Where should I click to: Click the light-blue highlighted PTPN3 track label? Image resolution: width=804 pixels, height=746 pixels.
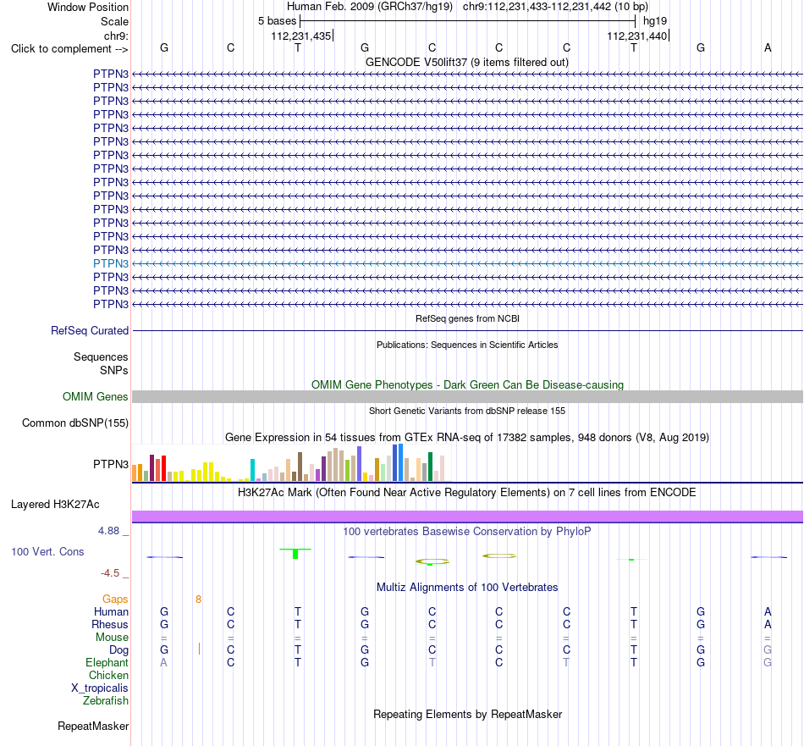pyautogui.click(x=111, y=263)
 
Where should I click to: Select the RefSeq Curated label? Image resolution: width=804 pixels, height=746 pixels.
pyautogui.click(x=90, y=331)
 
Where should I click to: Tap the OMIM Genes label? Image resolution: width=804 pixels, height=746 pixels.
pyautogui.click(x=96, y=396)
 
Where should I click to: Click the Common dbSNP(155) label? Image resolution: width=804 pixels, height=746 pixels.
pyautogui.click(x=75, y=423)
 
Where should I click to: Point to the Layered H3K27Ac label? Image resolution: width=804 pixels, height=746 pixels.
pyautogui.click(x=55, y=505)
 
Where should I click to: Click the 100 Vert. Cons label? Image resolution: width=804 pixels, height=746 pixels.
pyautogui.click(x=47, y=551)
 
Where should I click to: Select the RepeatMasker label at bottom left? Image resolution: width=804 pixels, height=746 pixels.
pyautogui.click(x=93, y=726)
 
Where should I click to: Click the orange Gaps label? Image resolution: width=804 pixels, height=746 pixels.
pyautogui.click(x=115, y=600)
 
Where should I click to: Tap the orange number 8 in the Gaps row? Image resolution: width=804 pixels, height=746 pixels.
pyautogui.click(x=198, y=600)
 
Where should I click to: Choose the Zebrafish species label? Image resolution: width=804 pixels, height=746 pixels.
pyautogui.click(x=106, y=701)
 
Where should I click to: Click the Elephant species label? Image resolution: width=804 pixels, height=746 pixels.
pyautogui.click(x=107, y=663)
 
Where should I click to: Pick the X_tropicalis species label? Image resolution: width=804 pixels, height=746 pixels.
pyautogui.click(x=100, y=688)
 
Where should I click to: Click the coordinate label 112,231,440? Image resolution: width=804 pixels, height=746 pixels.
pyautogui.click(x=636, y=36)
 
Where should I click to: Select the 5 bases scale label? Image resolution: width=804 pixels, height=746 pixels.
pyautogui.click(x=277, y=21)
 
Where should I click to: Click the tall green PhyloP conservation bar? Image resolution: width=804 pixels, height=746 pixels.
pyautogui.click(x=295, y=554)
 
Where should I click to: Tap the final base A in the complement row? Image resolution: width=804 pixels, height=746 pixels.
pyautogui.click(x=768, y=47)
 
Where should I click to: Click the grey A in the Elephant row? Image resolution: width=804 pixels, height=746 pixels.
pyautogui.click(x=163, y=663)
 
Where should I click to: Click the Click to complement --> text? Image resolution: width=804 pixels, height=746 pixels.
pyautogui.click(x=69, y=49)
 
